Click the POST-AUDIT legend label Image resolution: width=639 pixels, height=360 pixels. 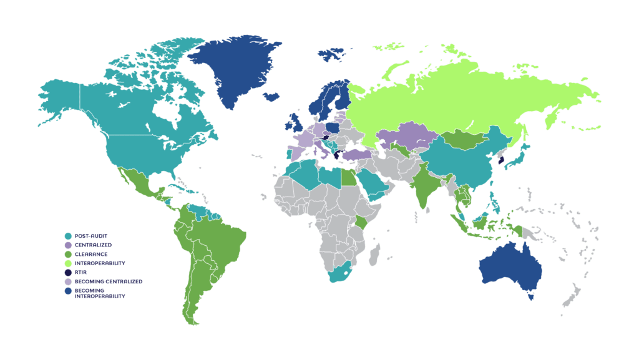click(90, 236)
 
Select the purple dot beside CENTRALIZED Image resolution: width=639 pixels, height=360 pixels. click(68, 245)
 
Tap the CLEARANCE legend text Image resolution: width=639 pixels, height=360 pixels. click(91, 254)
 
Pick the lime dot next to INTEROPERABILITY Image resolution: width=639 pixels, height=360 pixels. click(68, 263)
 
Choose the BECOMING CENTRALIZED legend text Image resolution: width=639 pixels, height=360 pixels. click(108, 281)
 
